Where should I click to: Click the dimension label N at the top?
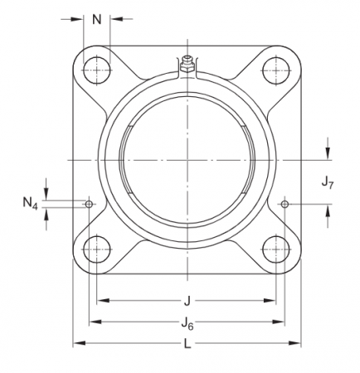(x=98, y=19)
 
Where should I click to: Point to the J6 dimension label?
(x=187, y=324)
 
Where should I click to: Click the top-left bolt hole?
(x=98, y=70)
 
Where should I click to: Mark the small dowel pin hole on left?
(x=89, y=204)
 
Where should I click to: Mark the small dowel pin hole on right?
(x=285, y=204)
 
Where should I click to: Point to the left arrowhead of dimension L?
(x=78, y=343)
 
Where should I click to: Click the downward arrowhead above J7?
(x=329, y=153)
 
